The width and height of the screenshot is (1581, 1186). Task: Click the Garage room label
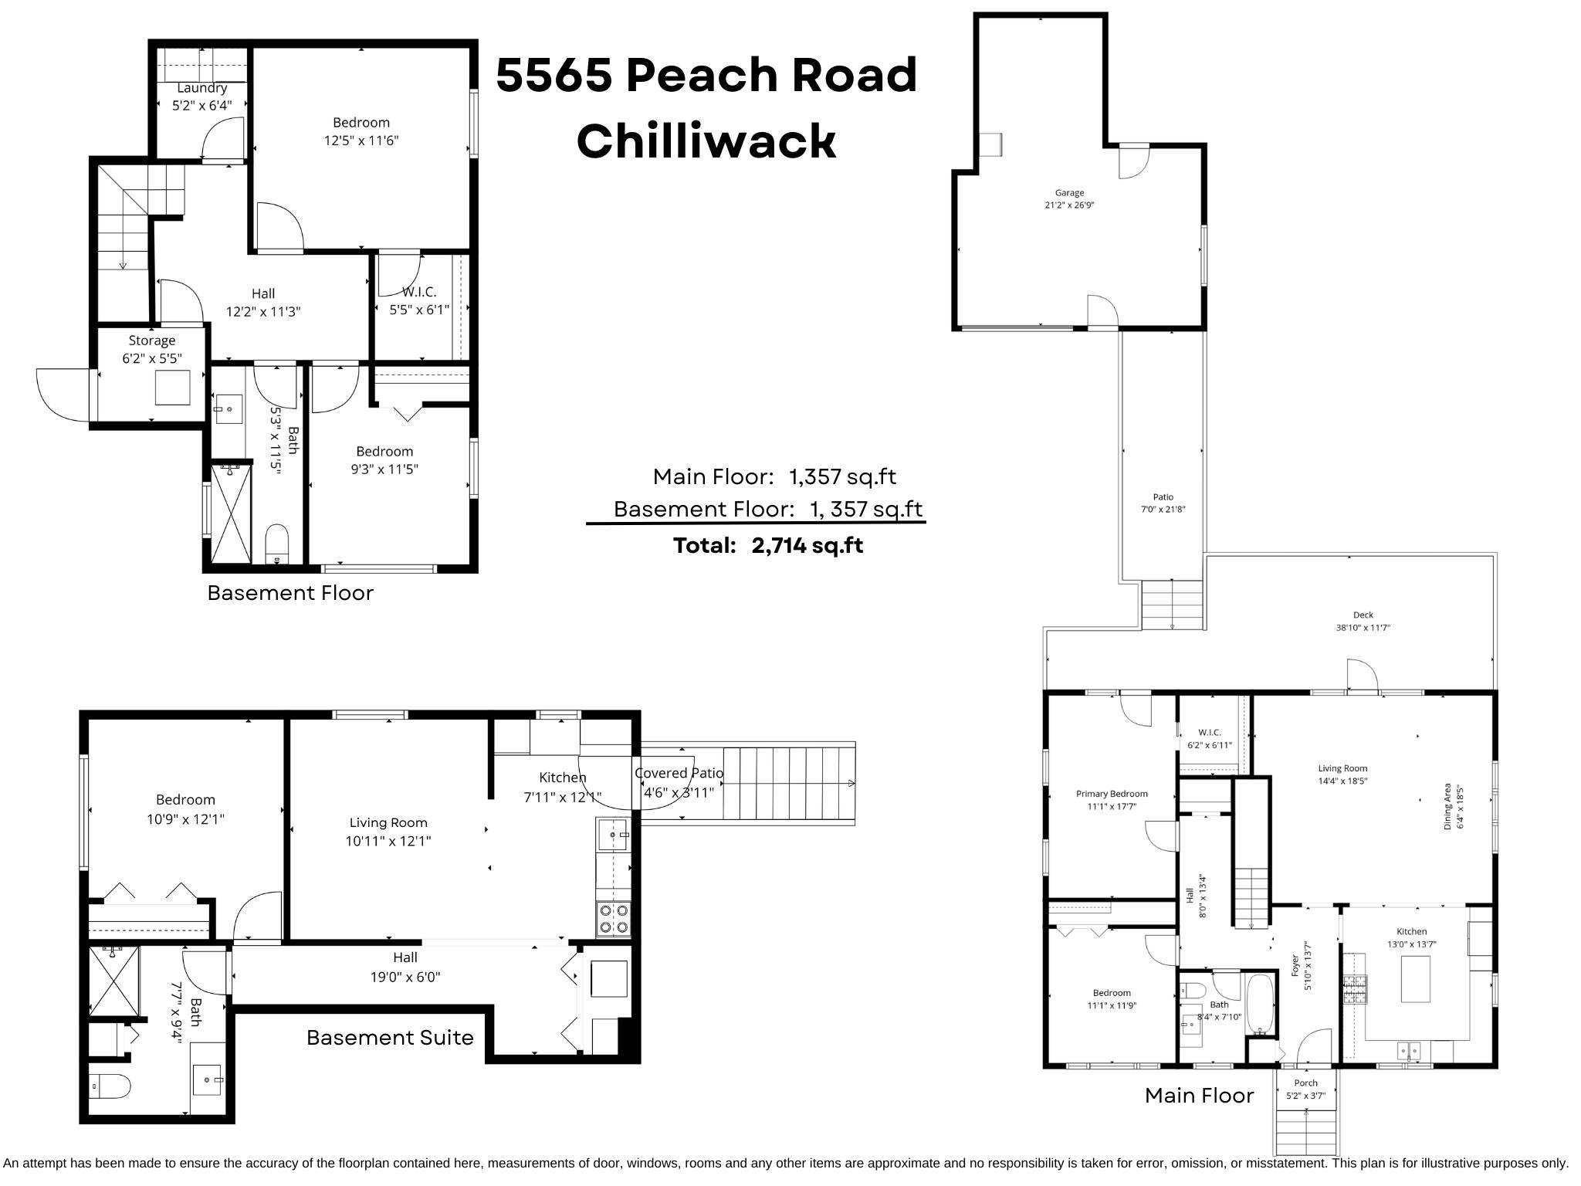(x=1069, y=193)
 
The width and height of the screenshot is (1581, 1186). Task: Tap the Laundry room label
(x=202, y=88)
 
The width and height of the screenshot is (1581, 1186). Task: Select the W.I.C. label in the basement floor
(x=419, y=292)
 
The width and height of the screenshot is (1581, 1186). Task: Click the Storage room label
(x=152, y=341)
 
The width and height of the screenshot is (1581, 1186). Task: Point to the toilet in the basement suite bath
(x=109, y=1087)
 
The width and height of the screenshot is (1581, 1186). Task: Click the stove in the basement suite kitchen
(x=614, y=919)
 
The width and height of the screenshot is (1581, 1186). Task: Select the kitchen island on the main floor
(x=1415, y=979)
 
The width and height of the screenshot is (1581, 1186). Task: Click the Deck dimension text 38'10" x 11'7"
(x=1363, y=628)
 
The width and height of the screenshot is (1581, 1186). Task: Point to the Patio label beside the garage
(x=1163, y=497)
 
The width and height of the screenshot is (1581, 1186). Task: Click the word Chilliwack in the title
(x=706, y=142)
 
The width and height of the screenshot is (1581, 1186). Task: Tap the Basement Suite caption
(x=390, y=1037)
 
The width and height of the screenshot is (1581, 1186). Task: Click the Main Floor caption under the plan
(x=1199, y=1095)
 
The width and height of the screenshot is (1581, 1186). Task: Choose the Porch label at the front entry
(x=1305, y=1083)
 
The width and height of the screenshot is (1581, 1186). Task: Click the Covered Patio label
(x=679, y=773)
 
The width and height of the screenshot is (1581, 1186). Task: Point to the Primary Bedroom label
(x=1112, y=794)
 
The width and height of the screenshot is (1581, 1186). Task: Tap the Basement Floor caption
(x=290, y=593)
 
